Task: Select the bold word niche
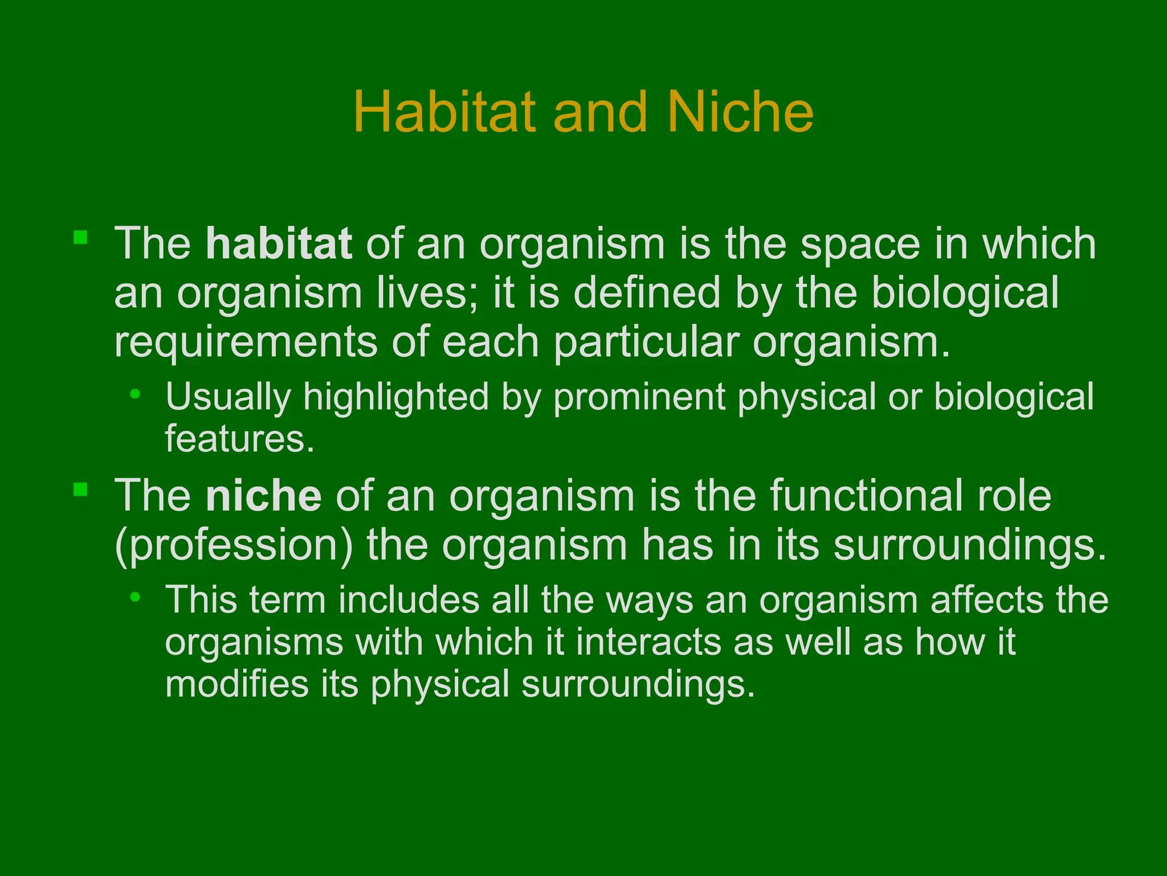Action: pos(263,496)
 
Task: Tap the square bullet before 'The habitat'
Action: pos(80,237)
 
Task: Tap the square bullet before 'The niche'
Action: pos(80,489)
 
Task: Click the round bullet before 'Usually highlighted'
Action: pos(135,394)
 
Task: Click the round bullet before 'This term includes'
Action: pos(135,597)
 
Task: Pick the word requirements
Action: pos(246,342)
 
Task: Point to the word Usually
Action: pos(228,397)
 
